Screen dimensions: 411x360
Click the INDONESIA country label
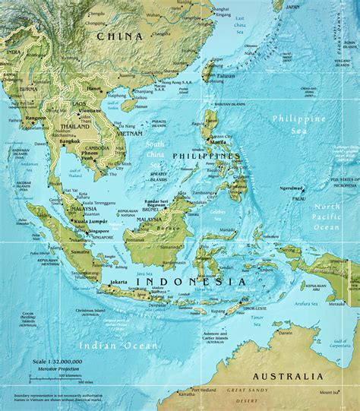[191, 281]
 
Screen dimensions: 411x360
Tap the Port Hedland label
[207, 390]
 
